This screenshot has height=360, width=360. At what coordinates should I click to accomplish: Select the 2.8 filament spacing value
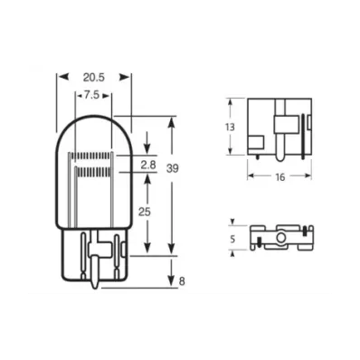[147, 164]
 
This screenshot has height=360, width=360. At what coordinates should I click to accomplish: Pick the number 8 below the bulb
[181, 282]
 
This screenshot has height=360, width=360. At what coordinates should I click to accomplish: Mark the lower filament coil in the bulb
[94, 170]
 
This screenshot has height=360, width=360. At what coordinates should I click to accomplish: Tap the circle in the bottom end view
[280, 240]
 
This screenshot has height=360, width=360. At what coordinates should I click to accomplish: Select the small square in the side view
[260, 141]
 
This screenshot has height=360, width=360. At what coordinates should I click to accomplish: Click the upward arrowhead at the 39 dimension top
[172, 118]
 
